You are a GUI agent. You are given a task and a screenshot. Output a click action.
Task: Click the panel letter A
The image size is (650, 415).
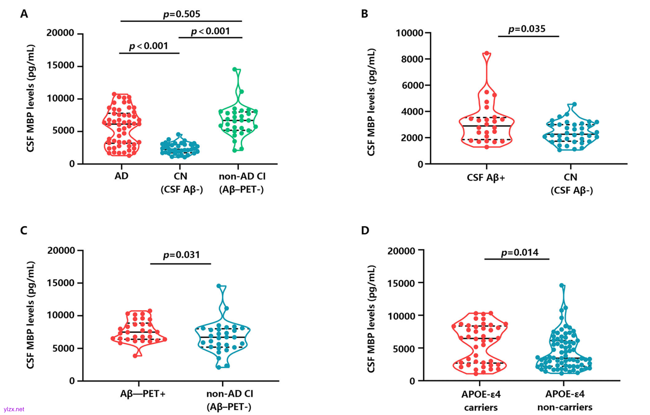click(24, 14)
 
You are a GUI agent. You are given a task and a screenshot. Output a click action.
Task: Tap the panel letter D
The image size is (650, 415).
click(365, 230)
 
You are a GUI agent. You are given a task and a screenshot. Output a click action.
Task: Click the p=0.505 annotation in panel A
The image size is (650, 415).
click(181, 14)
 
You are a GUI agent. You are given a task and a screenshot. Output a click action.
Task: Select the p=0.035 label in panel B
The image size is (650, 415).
click(527, 29)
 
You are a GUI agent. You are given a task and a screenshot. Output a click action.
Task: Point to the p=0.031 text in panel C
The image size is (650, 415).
click(181, 255)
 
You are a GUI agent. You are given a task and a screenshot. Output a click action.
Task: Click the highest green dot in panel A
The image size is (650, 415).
click(235, 69)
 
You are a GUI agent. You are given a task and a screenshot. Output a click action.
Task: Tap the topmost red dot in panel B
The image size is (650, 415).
click(486, 53)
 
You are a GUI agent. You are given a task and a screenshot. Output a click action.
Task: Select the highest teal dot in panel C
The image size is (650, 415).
click(219, 286)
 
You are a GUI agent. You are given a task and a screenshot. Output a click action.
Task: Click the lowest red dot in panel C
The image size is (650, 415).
click(135, 355)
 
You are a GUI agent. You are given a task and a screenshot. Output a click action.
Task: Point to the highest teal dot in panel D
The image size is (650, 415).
click(562, 285)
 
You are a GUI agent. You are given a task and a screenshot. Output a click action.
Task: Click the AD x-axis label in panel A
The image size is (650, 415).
click(121, 176)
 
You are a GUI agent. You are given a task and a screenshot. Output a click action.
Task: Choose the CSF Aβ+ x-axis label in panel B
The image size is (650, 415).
click(486, 177)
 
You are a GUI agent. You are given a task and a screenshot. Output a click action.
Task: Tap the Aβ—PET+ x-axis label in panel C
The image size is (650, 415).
click(143, 394)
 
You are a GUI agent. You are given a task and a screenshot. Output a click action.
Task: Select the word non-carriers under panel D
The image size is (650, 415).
click(565, 407)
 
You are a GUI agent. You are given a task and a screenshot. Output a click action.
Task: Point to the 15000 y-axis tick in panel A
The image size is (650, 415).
click(60, 66)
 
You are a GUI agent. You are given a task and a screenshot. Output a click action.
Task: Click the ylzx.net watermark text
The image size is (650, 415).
click(14, 409)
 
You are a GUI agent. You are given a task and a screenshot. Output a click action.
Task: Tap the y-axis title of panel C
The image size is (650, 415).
click(30, 315)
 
